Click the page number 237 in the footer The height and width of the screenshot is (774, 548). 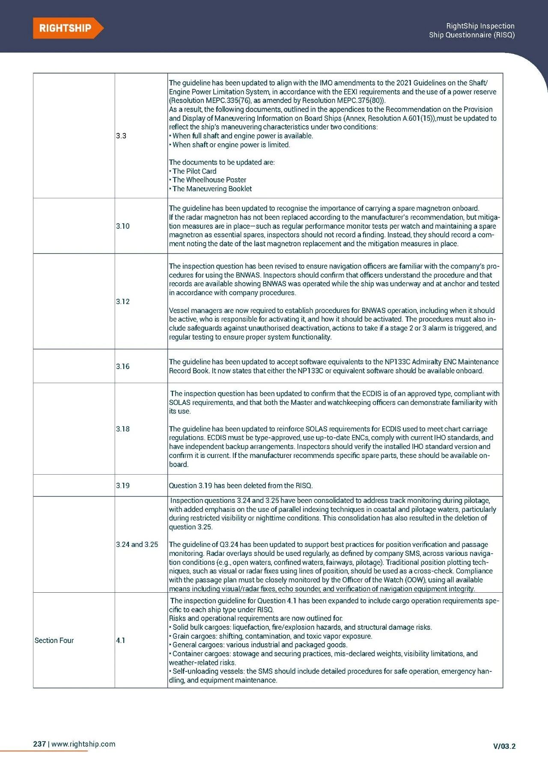tap(39, 744)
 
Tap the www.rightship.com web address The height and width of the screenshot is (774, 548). tap(83, 744)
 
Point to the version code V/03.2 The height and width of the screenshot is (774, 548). tap(504, 746)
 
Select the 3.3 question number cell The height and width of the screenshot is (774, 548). tap(121, 136)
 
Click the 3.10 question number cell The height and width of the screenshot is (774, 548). tap(122, 226)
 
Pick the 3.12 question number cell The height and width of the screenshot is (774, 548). tap(122, 301)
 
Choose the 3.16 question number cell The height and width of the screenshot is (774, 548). tap(122, 366)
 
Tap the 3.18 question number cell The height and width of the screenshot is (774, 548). tap(122, 428)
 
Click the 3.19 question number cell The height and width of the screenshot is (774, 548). tap(122, 485)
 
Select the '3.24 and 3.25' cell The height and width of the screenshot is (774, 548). tap(137, 544)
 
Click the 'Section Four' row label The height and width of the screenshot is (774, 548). tap(54, 640)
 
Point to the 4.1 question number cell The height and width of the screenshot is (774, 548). tap(121, 640)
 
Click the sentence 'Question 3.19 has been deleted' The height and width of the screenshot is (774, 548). tap(241, 485)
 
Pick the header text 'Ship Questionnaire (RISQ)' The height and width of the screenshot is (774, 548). tap(472, 35)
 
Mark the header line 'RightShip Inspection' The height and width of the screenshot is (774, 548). tap(480, 26)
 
